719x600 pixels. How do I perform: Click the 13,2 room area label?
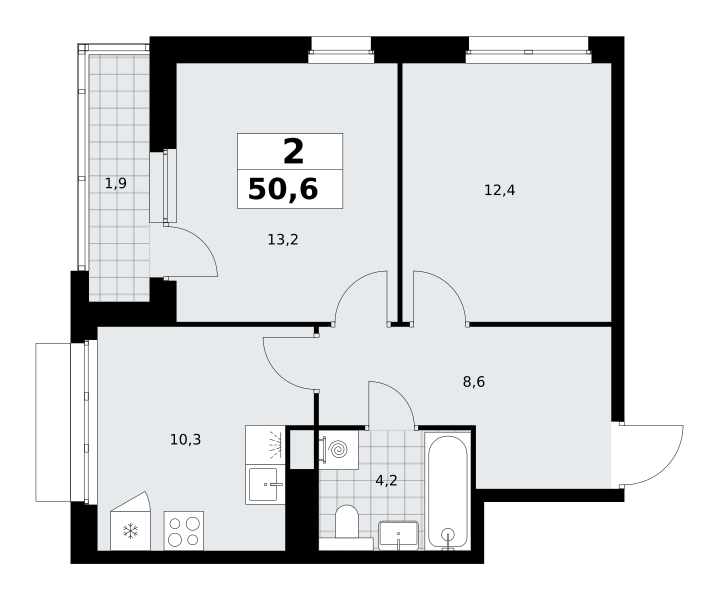[x=283, y=239]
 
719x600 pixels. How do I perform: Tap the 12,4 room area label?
[x=499, y=190]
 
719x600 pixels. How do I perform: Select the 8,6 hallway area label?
[x=474, y=382]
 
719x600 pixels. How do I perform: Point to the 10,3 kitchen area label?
[x=185, y=440]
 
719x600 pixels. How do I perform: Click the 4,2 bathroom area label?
[x=386, y=481]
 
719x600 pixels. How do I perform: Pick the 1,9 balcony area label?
[x=116, y=183]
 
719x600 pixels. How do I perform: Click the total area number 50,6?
[x=283, y=189]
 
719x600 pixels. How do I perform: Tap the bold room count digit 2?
[x=293, y=152]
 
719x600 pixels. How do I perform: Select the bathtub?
[x=448, y=490]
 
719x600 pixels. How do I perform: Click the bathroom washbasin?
[x=398, y=535]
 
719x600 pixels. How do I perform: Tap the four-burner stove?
[x=184, y=531]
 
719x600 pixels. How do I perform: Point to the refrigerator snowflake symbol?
[x=131, y=532]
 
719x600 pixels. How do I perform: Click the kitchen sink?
[x=265, y=484]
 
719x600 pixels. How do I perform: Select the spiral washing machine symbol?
[x=339, y=450]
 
